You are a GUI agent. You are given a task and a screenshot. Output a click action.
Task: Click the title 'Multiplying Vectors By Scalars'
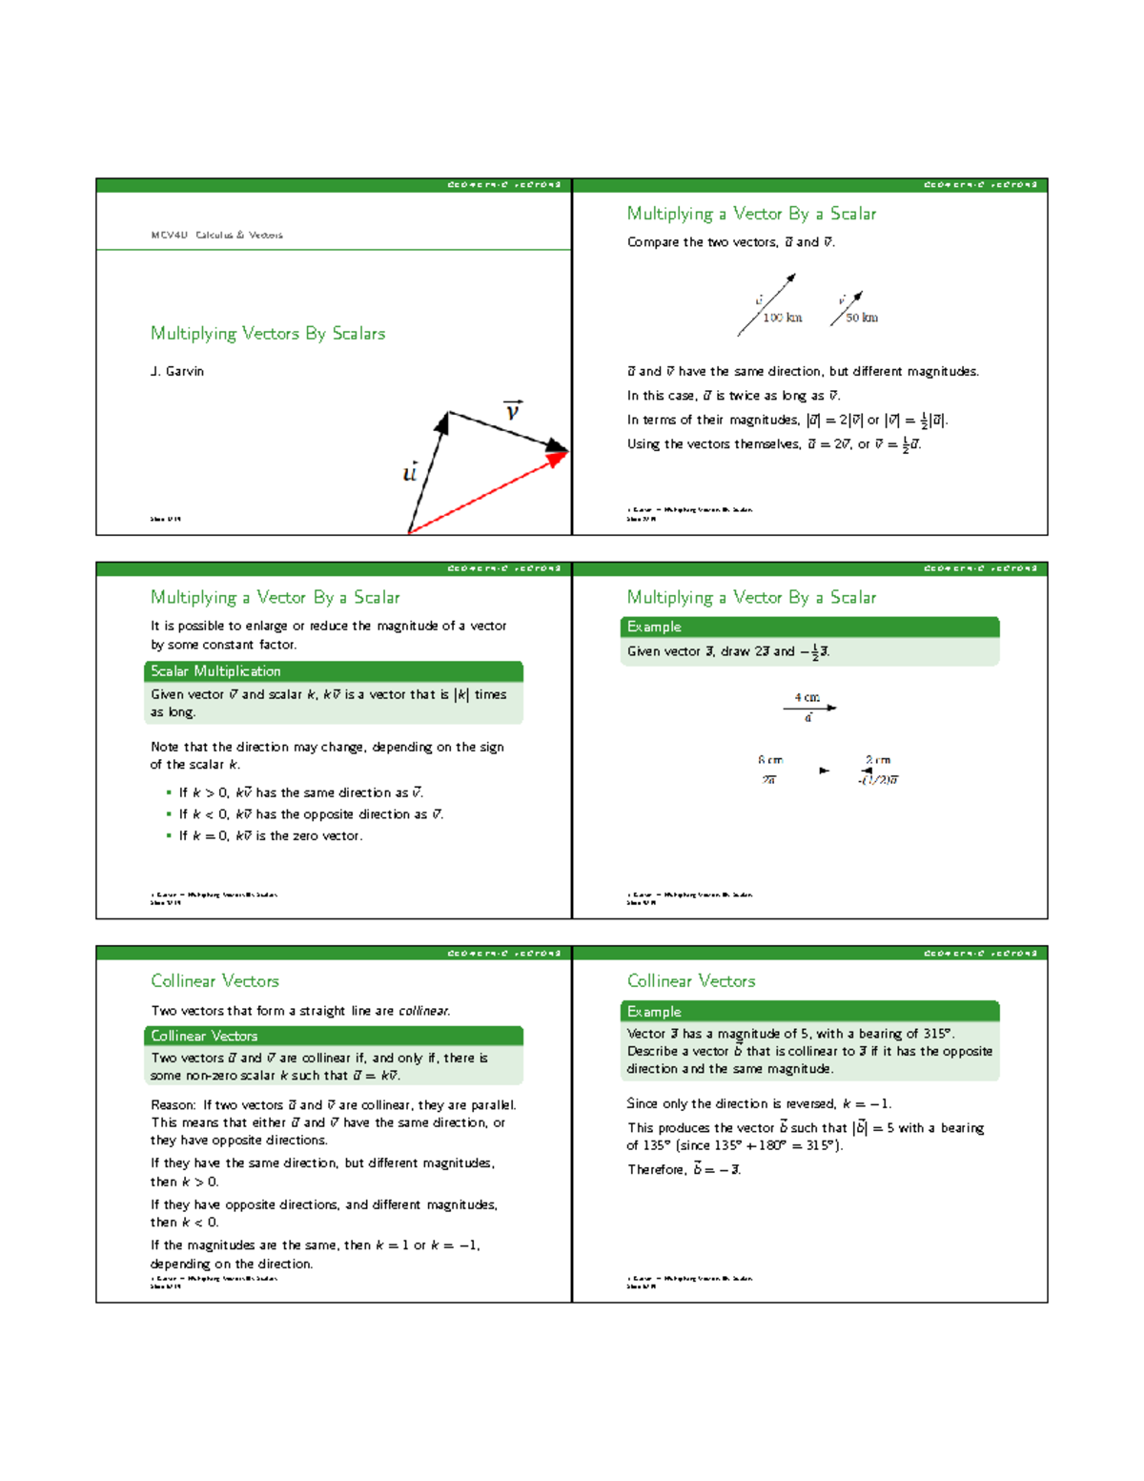pos(268,334)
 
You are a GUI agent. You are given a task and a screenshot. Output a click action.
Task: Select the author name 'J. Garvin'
pos(177,371)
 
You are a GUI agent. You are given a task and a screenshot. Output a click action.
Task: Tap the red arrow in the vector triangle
pos(486,493)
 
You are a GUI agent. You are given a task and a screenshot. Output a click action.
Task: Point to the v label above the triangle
pos(513,410)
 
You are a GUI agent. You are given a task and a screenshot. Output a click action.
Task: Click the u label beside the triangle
pos(410,472)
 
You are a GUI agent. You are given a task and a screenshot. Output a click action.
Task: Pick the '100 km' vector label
pos(782,318)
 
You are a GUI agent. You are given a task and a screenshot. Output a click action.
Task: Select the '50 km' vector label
pos(862,318)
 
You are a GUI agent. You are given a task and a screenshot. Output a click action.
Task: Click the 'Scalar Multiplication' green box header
pos(215,671)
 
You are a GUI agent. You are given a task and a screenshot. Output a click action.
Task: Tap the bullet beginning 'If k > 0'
pos(300,792)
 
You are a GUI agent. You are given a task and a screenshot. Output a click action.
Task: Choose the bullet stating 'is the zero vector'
pos(271,835)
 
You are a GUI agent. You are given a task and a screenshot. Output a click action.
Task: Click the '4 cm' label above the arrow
pos(807,697)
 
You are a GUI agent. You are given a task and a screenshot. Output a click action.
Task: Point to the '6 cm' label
pos(770,760)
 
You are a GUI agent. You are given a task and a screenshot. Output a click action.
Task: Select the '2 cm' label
pos(878,760)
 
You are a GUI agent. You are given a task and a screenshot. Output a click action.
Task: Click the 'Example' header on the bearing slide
pos(654,1011)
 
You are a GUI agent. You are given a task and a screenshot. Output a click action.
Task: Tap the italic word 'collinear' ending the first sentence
pos(424,1011)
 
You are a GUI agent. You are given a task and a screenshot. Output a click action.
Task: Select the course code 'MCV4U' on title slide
pos(169,235)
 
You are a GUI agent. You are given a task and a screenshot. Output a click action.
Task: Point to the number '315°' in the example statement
pos(937,1034)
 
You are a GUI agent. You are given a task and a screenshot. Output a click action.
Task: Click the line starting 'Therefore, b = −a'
pos(684,1169)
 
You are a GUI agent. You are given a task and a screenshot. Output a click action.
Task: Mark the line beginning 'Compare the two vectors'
pos(730,242)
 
